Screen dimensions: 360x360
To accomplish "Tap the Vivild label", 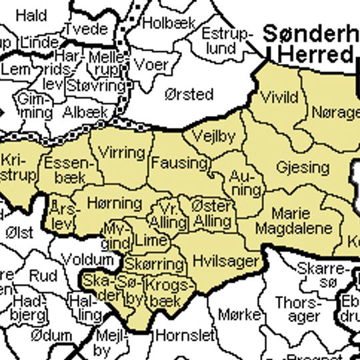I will tap(279, 97).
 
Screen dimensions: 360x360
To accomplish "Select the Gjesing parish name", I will tap(303, 167).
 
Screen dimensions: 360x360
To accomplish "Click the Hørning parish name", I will tap(115, 203).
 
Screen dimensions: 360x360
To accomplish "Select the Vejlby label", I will tap(213, 137).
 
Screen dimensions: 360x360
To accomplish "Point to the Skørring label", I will tap(154, 263).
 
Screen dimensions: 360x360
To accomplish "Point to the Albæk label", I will tap(85, 113).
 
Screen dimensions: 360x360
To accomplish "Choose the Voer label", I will tap(151, 65).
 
